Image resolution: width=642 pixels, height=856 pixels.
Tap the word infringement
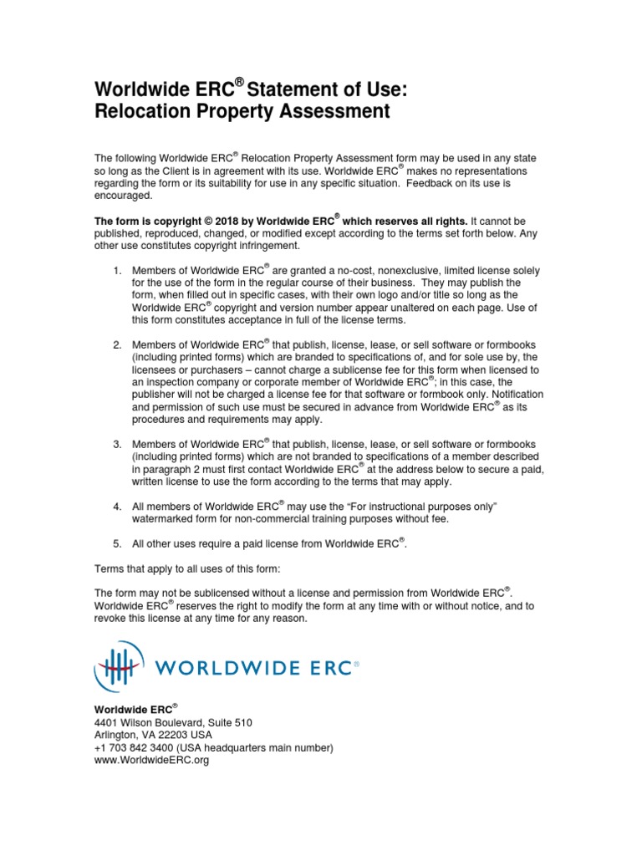[x=262, y=246]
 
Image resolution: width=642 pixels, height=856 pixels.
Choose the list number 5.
[x=117, y=544]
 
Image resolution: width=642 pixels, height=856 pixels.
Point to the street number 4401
[x=107, y=722]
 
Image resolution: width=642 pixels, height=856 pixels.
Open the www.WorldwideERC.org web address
[x=151, y=761]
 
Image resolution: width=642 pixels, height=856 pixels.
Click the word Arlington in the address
[x=118, y=735]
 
